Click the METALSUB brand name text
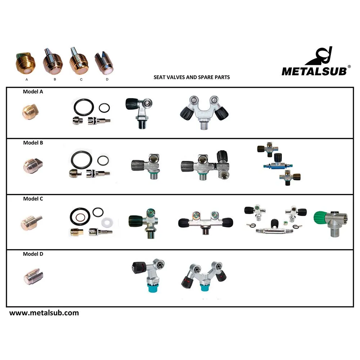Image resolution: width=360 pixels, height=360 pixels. (x=314, y=71)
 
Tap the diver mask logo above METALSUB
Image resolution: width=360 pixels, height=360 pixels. (x=319, y=56)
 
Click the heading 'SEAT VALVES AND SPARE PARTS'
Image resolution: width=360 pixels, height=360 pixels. (x=192, y=77)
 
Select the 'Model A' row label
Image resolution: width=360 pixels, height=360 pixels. (x=33, y=91)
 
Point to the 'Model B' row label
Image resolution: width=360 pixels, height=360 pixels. (x=33, y=143)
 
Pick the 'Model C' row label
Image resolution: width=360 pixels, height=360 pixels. (x=33, y=199)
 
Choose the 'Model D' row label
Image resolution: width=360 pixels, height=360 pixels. (x=33, y=254)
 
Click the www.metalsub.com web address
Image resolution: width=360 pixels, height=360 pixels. (x=44, y=313)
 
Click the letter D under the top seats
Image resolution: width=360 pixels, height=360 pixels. (x=107, y=80)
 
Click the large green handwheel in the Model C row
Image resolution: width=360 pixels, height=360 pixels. (x=320, y=218)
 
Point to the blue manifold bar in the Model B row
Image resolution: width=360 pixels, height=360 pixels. (x=278, y=166)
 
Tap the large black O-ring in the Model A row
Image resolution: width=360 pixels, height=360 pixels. (x=84, y=107)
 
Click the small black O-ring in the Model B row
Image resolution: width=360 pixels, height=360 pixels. (x=103, y=161)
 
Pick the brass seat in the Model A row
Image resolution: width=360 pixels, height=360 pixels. (x=30, y=112)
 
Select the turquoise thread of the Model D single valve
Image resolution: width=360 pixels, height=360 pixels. (x=152, y=288)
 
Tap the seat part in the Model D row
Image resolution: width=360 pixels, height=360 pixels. (x=33, y=276)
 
